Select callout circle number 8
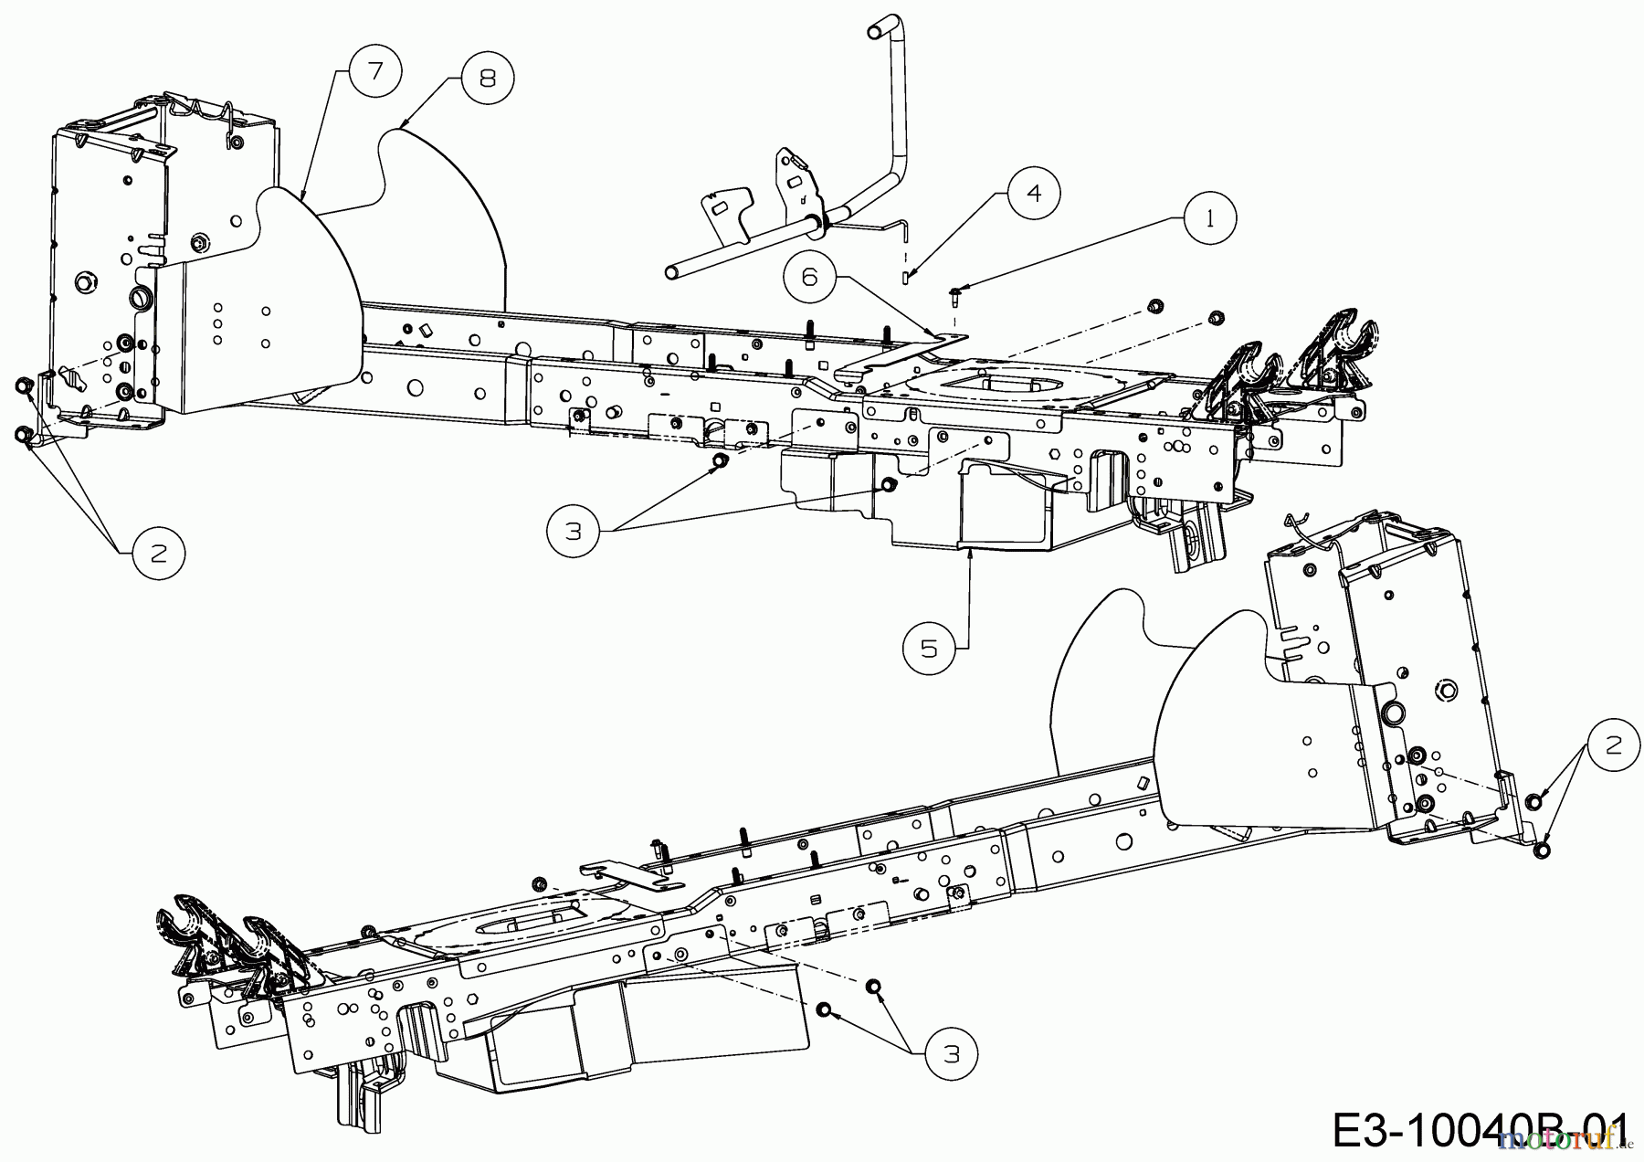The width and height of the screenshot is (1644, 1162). tap(487, 79)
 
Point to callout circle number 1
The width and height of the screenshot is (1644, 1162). tap(1210, 221)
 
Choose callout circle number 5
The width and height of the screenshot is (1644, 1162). tap(929, 648)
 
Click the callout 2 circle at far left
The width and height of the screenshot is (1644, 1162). tap(158, 553)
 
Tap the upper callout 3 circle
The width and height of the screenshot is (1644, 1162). tap(573, 530)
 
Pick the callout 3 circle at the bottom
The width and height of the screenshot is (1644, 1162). tap(950, 1053)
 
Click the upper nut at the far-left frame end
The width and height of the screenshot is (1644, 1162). tap(21, 387)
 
